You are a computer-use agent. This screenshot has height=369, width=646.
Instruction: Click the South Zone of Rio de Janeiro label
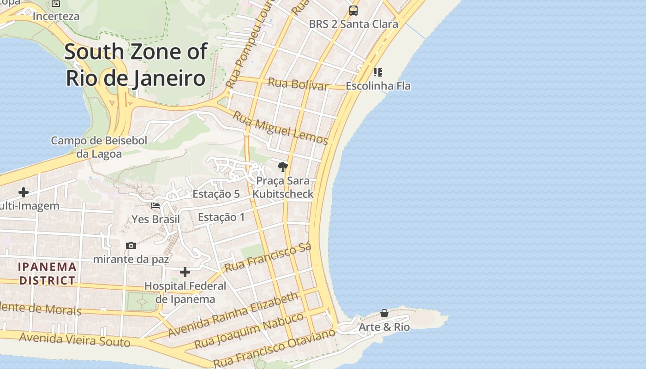pyautogui.click(x=136, y=65)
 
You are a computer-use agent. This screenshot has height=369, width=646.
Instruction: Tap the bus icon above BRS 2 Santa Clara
pyautogui.click(x=353, y=10)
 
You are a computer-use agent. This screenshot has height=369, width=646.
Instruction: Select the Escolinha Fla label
pyautogui.click(x=378, y=86)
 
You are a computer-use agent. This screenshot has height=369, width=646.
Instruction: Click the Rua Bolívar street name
pyautogui.click(x=298, y=84)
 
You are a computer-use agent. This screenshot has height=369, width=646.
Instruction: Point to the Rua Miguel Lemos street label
pyautogui.click(x=280, y=128)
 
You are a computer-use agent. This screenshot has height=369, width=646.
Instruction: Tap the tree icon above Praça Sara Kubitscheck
pyautogui.click(x=283, y=167)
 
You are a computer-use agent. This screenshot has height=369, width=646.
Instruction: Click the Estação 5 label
pyautogui.click(x=216, y=194)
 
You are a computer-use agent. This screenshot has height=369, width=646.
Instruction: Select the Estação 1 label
pyautogui.click(x=221, y=217)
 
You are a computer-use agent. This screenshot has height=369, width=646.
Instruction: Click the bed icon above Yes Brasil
pyautogui.click(x=156, y=206)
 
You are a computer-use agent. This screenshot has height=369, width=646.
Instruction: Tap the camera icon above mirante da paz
pyautogui.click(x=131, y=245)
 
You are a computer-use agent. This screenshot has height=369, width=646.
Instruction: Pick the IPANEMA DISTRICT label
pyautogui.click(x=47, y=274)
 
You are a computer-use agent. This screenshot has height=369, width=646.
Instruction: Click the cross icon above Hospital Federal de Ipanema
pyautogui.click(x=185, y=272)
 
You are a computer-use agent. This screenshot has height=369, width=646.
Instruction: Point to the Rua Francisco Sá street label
pyautogui.click(x=268, y=257)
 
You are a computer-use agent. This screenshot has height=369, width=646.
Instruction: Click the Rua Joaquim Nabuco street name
pyautogui.click(x=249, y=330)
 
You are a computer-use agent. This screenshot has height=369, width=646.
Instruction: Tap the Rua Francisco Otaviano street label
pyautogui.click(x=274, y=348)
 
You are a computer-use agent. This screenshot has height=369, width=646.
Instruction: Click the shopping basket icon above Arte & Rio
pyautogui.click(x=384, y=314)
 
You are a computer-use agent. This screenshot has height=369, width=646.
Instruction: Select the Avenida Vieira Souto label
pyautogui.click(x=75, y=340)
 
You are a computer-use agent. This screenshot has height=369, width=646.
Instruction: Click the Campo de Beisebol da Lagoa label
pyautogui.click(x=99, y=147)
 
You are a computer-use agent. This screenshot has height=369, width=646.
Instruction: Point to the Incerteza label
pyautogui.click(x=56, y=16)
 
